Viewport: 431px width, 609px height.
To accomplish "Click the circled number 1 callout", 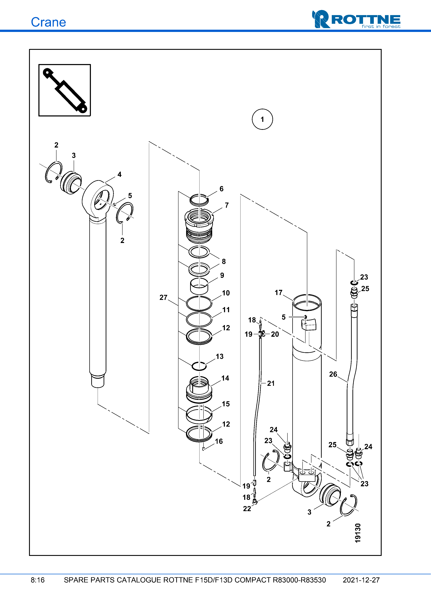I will coord(262,119).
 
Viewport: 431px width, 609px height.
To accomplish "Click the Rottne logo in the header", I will coord(356,19).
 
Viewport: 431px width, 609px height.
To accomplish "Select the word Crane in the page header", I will coord(48,22).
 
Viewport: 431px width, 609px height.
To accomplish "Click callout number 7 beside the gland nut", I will coord(226,205).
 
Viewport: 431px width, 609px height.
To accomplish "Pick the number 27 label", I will coord(163,298).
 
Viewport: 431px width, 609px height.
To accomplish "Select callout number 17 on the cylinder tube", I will coord(278,293).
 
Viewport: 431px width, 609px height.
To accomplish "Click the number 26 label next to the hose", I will coord(333,374).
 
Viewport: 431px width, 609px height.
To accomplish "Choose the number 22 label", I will coord(247,509).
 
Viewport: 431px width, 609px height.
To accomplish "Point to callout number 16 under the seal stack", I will coord(219,441).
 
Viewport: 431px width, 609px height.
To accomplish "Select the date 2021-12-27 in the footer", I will coord(361,580).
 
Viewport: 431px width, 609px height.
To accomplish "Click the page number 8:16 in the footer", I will coord(38,580).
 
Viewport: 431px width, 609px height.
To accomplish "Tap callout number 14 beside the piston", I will coord(225,378).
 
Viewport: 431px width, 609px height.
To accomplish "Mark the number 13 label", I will coord(220,356).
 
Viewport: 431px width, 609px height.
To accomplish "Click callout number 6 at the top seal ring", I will coord(221,189).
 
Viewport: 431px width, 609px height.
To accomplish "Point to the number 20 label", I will coord(275,334).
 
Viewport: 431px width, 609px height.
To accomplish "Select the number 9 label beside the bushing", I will coord(222,275).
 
